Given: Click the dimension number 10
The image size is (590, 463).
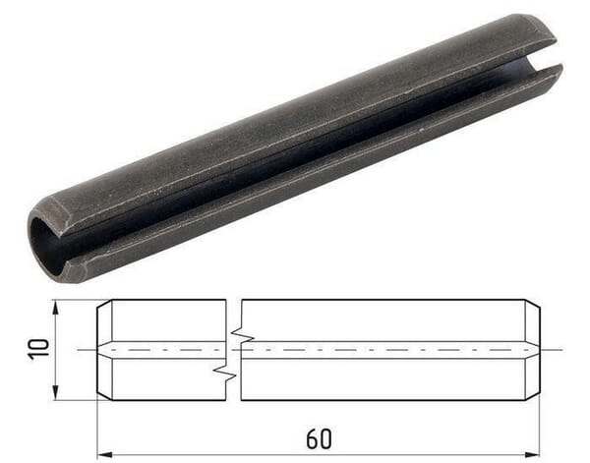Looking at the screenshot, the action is point(39,350).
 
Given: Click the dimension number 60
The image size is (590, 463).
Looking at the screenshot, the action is point(319,438).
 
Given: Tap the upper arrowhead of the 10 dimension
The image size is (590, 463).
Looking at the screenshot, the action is point(56,308).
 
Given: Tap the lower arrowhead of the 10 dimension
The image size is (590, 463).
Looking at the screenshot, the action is point(56,393).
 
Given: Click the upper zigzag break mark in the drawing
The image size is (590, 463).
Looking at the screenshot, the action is point(243,334).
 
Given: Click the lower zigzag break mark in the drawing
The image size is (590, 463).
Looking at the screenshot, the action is point(224,371).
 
